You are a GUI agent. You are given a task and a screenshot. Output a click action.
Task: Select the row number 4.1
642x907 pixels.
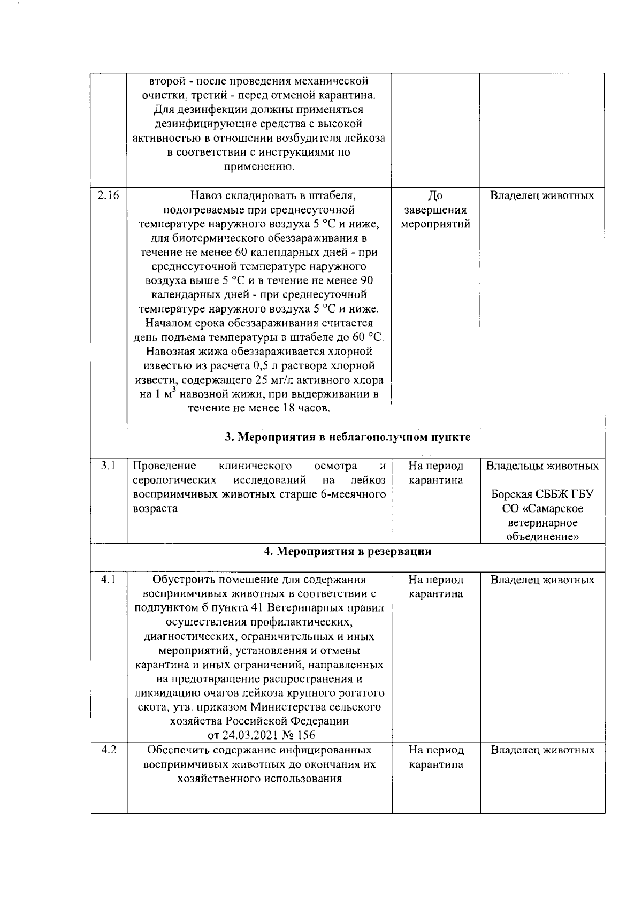(109, 579)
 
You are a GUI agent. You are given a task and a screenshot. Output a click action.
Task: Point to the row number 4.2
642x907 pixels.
(109, 750)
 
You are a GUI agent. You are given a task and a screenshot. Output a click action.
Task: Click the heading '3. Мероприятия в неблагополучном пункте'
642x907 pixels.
(347, 437)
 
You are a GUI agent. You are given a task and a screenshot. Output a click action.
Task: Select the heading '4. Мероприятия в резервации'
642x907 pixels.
(348, 551)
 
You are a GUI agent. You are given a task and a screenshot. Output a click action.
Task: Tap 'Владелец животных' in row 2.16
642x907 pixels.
(542, 195)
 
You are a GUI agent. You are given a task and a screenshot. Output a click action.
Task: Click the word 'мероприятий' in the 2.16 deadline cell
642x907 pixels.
(435, 224)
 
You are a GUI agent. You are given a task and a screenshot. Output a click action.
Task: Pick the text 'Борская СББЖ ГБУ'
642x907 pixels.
(542, 494)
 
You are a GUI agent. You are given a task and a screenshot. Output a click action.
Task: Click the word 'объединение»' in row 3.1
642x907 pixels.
(542, 537)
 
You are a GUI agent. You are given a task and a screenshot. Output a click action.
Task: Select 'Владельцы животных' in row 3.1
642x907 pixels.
(542, 466)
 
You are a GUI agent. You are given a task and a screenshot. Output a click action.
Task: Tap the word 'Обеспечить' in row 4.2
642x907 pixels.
(177, 750)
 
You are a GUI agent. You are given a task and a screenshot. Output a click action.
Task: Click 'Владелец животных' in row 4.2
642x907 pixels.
(542, 750)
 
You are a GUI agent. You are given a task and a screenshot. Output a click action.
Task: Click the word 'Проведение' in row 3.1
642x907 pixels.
(164, 466)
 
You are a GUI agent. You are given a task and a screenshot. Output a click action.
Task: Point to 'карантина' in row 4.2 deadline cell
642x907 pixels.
(435, 765)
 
